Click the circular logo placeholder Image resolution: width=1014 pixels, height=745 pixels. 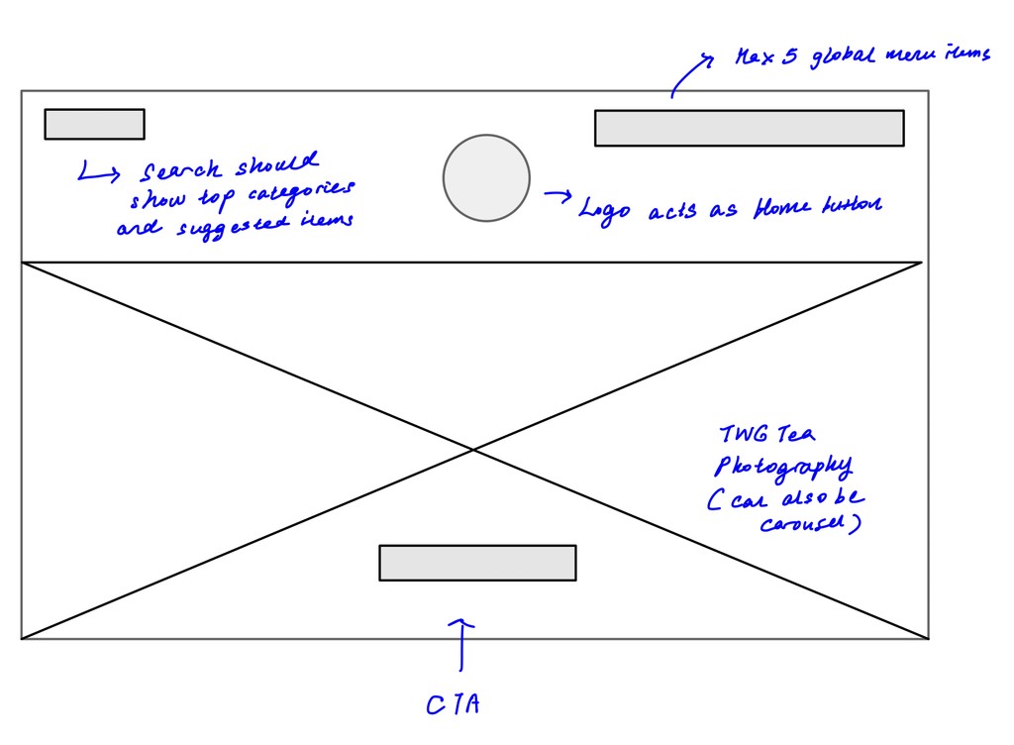[486, 178]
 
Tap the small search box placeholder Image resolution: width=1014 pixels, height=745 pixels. [94, 124]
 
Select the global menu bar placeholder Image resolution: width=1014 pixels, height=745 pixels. [749, 128]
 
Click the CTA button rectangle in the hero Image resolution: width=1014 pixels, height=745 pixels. [477, 563]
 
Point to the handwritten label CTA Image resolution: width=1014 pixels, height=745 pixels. [454, 704]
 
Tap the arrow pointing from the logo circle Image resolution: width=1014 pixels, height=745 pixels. [558, 195]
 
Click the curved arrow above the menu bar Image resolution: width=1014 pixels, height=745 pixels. [688, 73]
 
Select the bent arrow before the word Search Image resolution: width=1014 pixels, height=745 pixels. [97, 173]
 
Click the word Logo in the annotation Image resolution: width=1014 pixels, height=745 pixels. [604, 211]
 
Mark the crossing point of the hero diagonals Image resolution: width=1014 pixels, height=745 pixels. [473, 451]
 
